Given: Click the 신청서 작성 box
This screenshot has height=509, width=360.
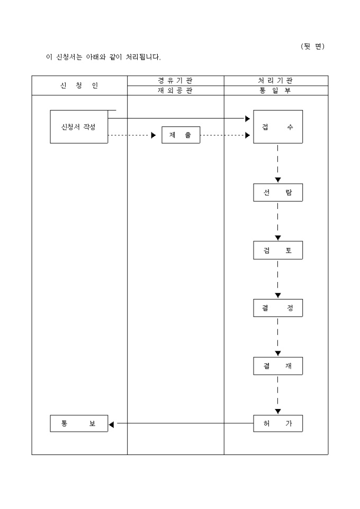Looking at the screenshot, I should pos(79,127).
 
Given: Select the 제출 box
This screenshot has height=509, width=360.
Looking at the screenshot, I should pos(181,135).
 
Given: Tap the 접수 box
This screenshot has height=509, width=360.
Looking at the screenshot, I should pos(277,127).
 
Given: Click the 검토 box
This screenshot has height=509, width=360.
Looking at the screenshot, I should pos(277,251).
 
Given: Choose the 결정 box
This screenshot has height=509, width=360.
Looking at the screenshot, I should pos(277,308).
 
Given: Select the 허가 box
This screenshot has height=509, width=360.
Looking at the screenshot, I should pos(277,423).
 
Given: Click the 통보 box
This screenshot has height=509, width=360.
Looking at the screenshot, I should pos(79,423).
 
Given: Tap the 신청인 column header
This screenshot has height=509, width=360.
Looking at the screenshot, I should pos(79,85).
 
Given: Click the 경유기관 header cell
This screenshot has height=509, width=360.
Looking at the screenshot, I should pos(175,80).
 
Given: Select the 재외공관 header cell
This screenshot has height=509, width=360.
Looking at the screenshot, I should pos(175,90).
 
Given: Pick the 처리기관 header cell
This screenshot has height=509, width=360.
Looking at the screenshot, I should pos(276,80).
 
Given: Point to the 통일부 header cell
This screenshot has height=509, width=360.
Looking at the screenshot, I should pos(276,90).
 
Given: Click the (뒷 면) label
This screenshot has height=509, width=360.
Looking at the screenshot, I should pos(312,47).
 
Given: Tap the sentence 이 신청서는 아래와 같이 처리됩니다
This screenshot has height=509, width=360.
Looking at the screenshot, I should pos(103,57).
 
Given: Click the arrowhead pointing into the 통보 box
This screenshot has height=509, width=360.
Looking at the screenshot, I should pos(111,424).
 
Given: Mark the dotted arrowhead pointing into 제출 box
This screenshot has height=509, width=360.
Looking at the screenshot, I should pos(153,135).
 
